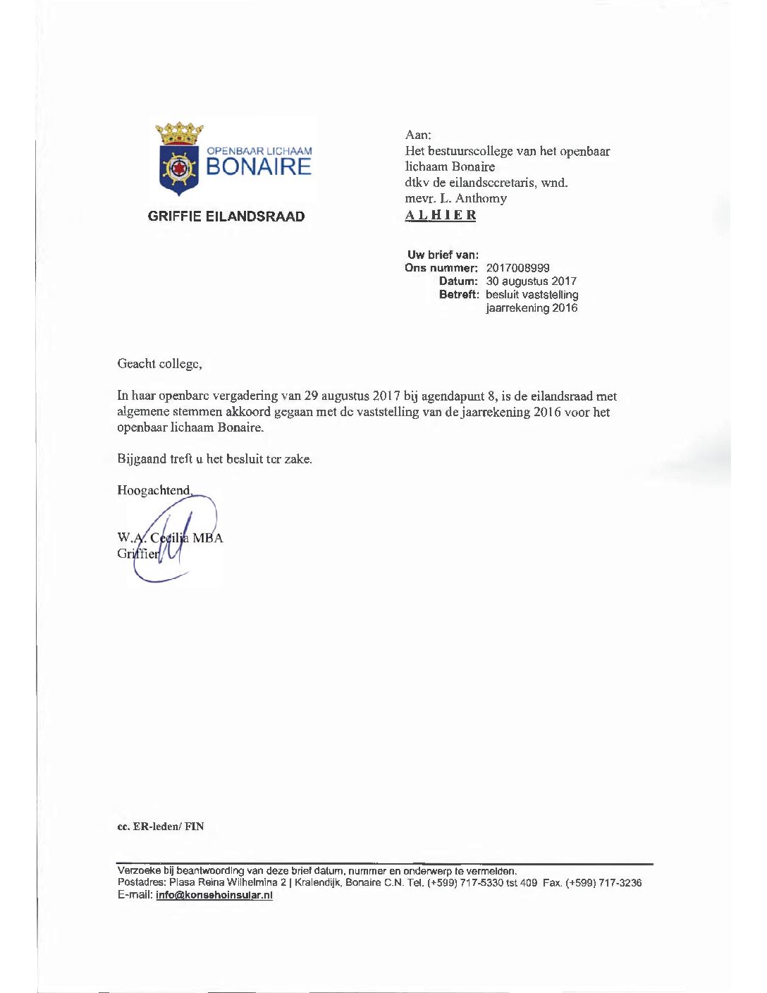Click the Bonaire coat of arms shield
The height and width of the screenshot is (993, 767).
pos(179,169)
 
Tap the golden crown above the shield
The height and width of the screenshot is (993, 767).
pos(179,133)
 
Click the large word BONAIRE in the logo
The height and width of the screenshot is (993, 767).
pos(258,167)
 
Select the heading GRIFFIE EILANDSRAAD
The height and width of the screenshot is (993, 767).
pos(226,217)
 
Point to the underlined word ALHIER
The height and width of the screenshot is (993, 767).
pos(441,215)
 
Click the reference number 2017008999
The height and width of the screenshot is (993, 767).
pos(517,268)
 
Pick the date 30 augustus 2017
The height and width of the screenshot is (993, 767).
pos(531,281)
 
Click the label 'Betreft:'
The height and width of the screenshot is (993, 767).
pos(458,295)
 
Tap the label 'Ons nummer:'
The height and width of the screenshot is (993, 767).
pos(441,268)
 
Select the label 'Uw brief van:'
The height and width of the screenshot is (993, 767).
pos(443,255)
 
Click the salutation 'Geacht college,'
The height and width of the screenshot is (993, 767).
pos(159,364)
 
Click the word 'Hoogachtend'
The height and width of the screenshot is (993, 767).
pos(153,490)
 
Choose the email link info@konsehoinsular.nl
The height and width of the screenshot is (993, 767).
pos(214,895)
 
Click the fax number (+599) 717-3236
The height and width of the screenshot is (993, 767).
pos(603,883)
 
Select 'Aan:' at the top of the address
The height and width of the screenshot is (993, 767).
pos(418,135)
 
